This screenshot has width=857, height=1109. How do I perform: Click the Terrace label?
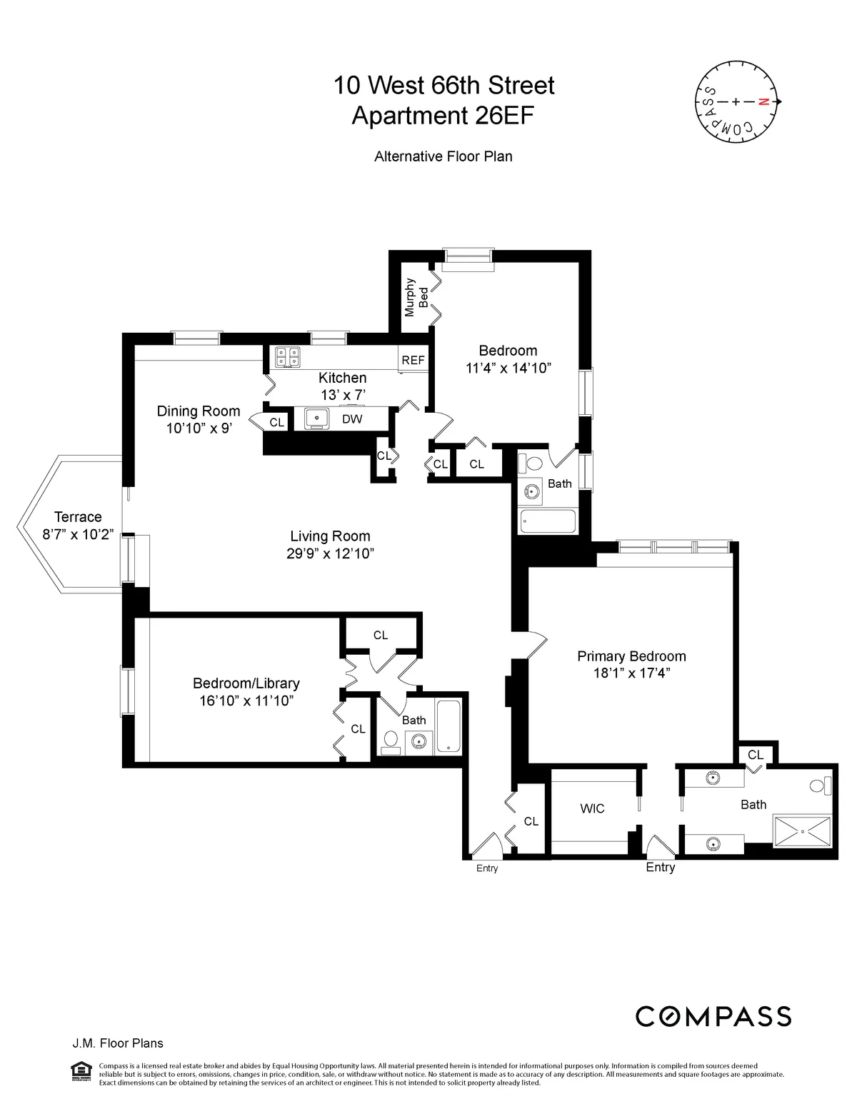(x=78, y=517)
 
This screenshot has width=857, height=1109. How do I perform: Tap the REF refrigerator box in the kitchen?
(x=413, y=360)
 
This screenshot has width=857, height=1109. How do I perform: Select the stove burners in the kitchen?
(x=287, y=356)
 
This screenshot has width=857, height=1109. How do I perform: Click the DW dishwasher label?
(x=352, y=419)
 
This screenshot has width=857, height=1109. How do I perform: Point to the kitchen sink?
(x=316, y=419)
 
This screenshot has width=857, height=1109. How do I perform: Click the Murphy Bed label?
(x=416, y=297)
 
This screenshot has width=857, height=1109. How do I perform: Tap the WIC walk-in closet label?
(x=592, y=808)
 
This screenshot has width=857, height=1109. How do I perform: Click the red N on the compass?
(x=763, y=102)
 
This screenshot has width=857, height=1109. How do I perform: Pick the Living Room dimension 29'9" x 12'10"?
(x=330, y=553)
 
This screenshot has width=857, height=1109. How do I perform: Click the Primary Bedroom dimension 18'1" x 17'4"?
(x=631, y=673)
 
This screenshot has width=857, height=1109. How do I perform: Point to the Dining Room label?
(x=198, y=411)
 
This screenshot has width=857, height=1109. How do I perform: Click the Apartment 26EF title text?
(x=443, y=116)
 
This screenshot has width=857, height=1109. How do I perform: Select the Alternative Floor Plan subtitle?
(x=443, y=156)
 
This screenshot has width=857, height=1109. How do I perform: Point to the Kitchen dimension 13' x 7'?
(x=342, y=393)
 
